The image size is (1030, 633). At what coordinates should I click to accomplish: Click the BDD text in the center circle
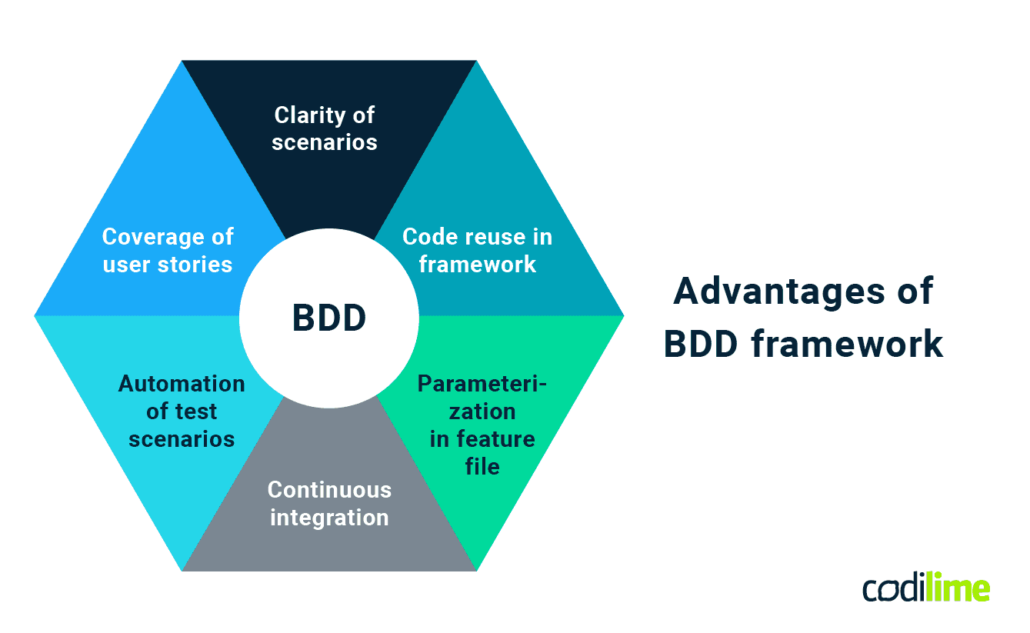pos(328,318)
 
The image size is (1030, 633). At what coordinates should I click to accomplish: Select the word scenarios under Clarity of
pos(324,142)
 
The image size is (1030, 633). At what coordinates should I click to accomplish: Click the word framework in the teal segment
pos(477,265)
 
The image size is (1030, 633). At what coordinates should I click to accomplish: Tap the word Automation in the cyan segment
pos(182,384)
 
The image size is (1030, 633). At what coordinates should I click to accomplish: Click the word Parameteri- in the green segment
pos(482,384)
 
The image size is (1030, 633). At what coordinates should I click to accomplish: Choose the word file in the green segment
pos(482,467)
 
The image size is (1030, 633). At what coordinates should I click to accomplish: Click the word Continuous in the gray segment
pos(329,490)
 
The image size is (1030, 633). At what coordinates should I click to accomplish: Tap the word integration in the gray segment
pos(329,518)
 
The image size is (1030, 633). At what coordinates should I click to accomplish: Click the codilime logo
pos(925,588)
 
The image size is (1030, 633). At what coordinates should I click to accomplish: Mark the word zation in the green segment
pos(482,411)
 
